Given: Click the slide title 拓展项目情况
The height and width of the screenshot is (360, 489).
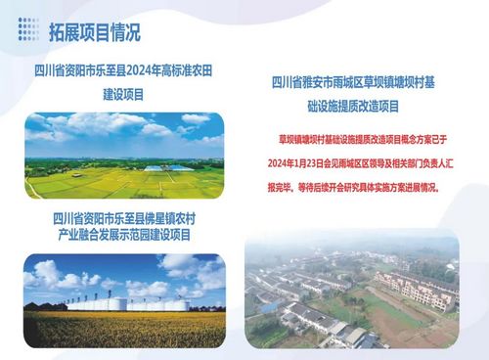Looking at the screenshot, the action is (x=95, y=32).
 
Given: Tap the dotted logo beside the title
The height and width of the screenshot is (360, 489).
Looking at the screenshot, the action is (x=28, y=29).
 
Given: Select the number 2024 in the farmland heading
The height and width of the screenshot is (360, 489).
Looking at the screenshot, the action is (x=139, y=70).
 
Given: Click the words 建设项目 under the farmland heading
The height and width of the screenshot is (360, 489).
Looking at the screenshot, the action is (x=123, y=95).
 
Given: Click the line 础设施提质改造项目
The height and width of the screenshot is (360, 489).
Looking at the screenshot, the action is (x=353, y=107).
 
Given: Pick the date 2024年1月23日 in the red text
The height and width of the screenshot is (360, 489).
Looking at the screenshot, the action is (x=295, y=163).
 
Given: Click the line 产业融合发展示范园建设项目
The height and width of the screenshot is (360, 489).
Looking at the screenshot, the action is (x=124, y=235).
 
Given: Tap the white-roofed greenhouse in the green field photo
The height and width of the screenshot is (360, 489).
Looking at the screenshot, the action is (x=168, y=168).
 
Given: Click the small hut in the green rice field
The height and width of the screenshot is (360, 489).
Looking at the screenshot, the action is (x=76, y=175).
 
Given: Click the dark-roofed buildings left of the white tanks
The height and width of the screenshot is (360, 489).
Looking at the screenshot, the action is (x=45, y=306).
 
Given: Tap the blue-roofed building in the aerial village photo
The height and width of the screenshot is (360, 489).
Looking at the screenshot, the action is (x=270, y=306).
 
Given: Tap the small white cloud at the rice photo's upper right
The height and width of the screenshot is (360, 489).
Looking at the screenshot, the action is (x=196, y=118).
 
